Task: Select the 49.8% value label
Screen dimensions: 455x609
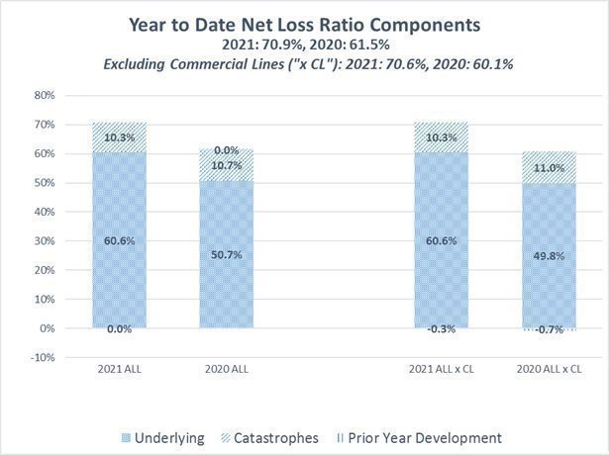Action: point(548,256)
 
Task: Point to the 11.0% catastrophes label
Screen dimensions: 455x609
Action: point(548,168)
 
